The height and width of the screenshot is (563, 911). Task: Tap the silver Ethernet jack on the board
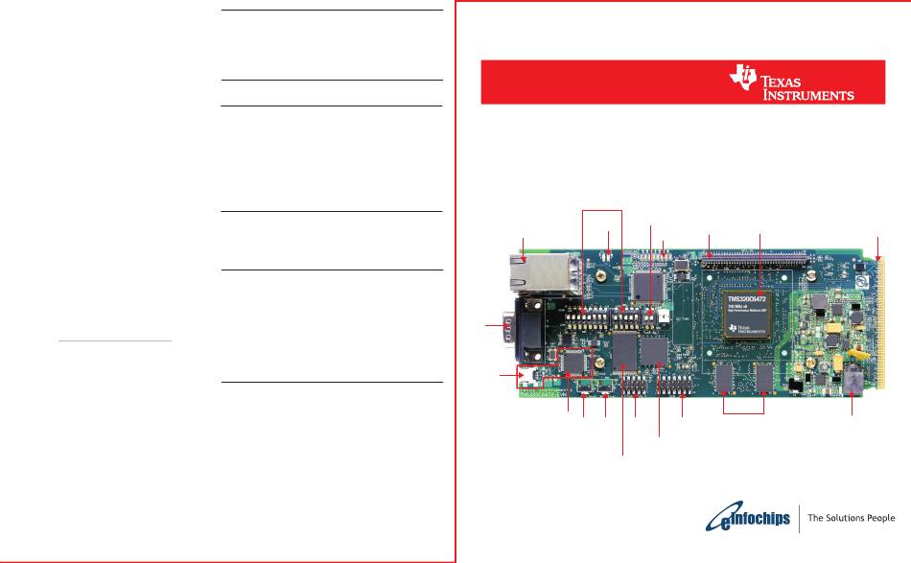(x=540, y=273)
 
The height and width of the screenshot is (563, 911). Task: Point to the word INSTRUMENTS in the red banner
(x=807, y=95)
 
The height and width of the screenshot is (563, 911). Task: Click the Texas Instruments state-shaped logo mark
(x=743, y=80)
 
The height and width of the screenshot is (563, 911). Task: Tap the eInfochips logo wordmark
(x=749, y=519)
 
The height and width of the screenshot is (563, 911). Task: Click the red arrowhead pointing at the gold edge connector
(x=877, y=257)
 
